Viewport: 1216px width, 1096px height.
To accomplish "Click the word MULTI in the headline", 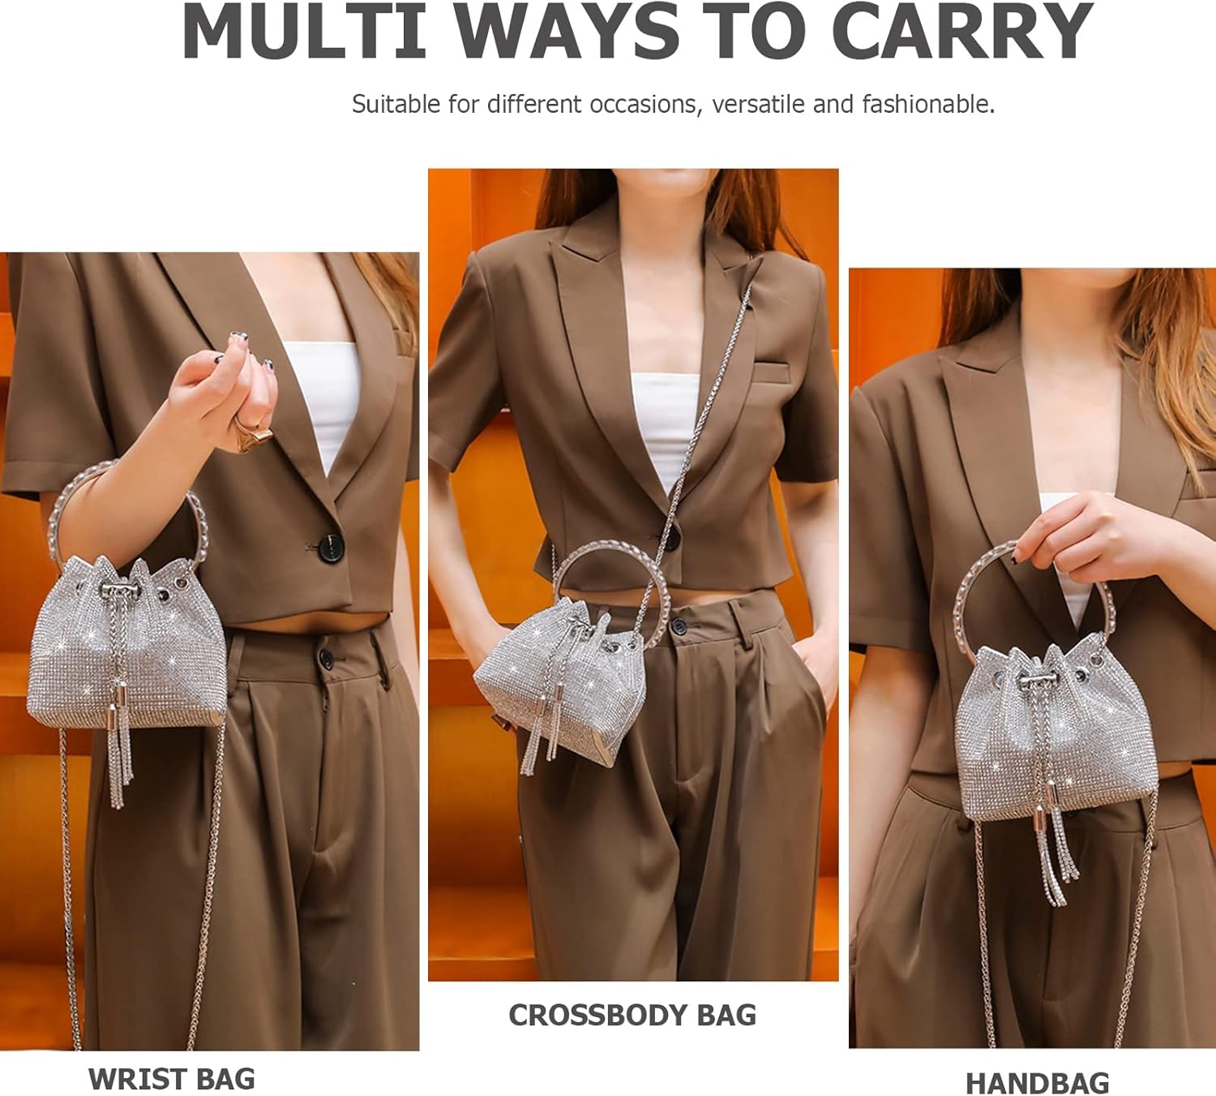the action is point(304,32).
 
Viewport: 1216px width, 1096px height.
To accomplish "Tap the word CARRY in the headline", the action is point(962,32).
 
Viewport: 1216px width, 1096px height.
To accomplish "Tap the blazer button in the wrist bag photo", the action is point(330,548).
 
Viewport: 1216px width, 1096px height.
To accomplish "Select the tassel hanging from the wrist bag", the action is point(119,743).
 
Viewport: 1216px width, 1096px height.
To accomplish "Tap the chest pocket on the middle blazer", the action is point(772,372).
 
